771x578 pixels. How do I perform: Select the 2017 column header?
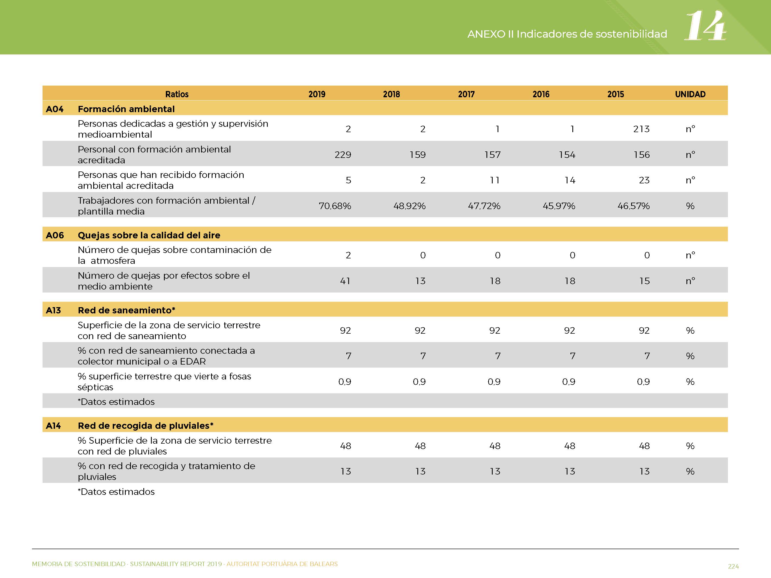point(466,94)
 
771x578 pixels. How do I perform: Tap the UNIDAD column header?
point(690,94)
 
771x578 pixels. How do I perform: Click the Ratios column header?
point(177,94)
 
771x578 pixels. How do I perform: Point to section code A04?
point(55,109)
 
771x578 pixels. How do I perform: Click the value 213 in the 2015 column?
point(641,129)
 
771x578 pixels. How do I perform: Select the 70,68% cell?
point(335,206)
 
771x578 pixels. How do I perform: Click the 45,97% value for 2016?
point(559,206)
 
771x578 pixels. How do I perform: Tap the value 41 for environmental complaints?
point(345,281)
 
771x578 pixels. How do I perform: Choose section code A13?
point(53,310)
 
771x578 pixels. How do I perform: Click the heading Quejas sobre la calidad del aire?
point(149,235)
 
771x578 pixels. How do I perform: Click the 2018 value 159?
point(418,155)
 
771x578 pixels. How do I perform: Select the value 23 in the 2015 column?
point(644,180)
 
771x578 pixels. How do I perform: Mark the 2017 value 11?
point(495,180)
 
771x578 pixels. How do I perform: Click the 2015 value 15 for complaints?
point(644,281)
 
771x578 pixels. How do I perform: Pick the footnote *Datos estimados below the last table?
point(116,492)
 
